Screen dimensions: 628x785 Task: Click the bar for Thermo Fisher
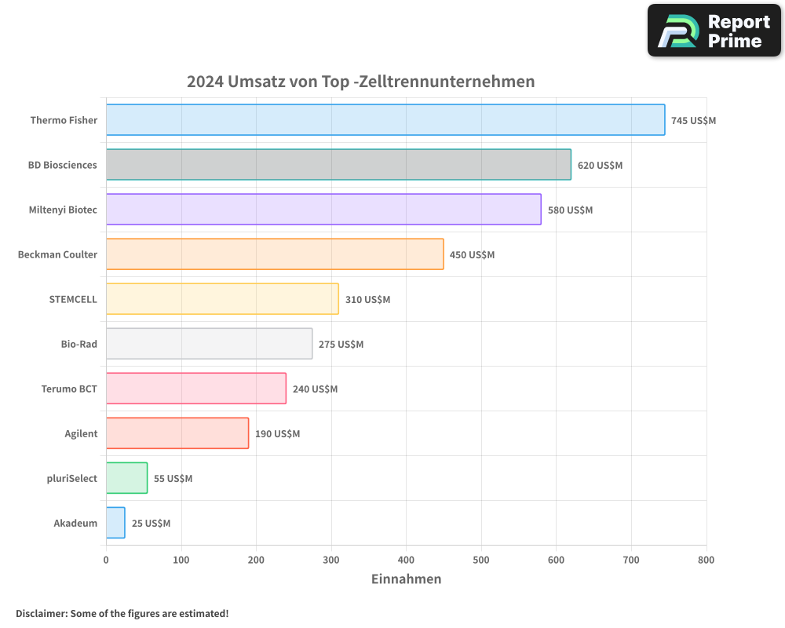(385, 120)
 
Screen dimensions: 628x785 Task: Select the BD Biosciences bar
(338, 165)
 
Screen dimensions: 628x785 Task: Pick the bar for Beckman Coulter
(275, 254)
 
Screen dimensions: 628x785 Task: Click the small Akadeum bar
(115, 523)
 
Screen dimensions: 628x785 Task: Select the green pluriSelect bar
(126, 478)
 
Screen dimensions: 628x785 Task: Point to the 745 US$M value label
(693, 121)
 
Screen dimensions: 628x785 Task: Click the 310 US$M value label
(367, 300)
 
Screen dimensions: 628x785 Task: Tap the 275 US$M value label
(341, 345)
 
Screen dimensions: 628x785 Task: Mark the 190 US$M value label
(277, 434)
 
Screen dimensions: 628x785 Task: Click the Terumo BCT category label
(69, 389)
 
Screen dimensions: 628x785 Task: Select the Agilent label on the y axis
(81, 434)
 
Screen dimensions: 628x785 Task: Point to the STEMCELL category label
(73, 300)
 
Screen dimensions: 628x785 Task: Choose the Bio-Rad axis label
(78, 345)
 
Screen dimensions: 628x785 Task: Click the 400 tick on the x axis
(406, 560)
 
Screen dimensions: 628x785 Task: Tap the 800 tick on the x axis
(706, 560)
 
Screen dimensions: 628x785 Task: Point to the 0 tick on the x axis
(106, 560)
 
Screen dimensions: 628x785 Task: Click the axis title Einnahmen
(406, 579)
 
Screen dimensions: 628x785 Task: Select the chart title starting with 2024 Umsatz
(360, 82)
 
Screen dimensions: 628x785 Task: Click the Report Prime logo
(714, 31)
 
